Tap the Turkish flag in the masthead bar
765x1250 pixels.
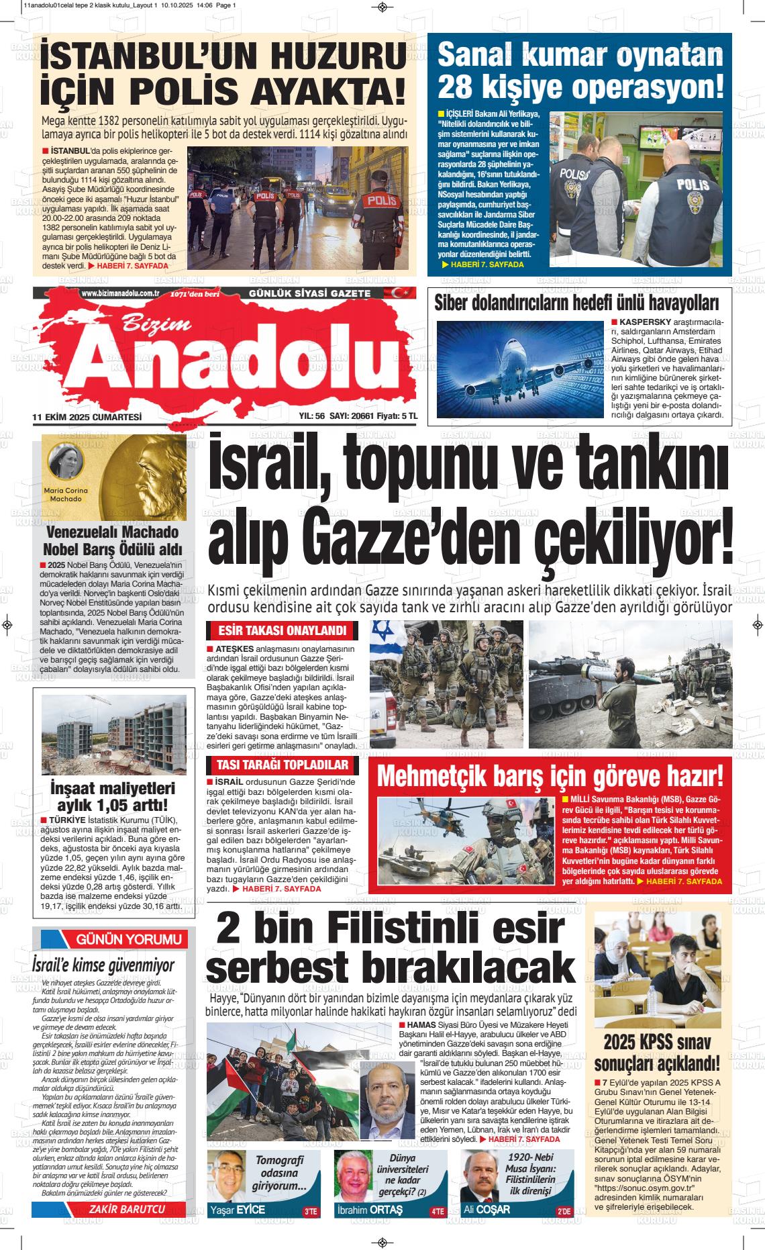click(384, 293)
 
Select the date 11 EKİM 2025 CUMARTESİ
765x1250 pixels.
click(87, 417)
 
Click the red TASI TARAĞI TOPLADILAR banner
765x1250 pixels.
click(282, 765)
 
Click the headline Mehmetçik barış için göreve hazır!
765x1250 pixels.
click(550, 776)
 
